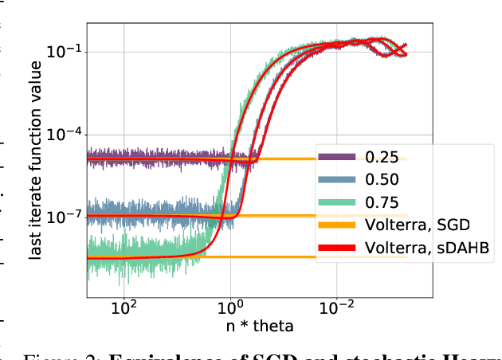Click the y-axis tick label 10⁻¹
click(65, 52)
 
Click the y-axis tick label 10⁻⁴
click(65, 134)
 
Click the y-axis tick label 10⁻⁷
click(65, 216)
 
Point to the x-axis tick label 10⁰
click(229, 306)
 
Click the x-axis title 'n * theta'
click(259, 325)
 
